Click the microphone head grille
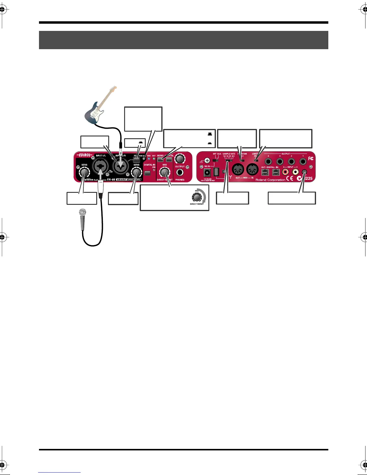82,213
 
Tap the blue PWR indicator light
149,159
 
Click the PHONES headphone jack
180,172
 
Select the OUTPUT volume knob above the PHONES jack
180,158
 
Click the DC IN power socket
207,172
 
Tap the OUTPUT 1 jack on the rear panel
303,162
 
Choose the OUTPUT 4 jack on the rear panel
268,162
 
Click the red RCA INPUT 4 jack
285,172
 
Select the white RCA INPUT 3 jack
296,172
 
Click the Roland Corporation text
270,180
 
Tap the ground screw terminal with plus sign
207,161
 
